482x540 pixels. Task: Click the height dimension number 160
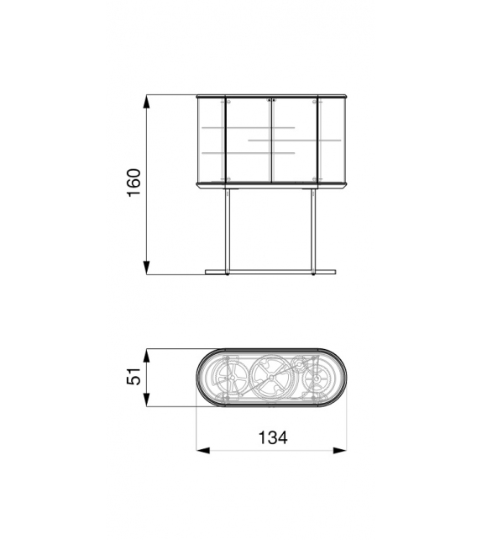click(134, 183)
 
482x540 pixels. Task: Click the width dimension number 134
click(273, 437)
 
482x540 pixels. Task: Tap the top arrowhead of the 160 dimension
click(147, 101)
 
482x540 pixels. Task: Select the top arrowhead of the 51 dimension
click(147, 355)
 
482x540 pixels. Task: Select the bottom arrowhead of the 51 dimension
click(147, 400)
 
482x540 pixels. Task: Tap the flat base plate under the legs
click(271, 271)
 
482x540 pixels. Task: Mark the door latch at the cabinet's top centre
click(271, 101)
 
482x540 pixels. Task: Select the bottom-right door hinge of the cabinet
click(317, 179)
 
